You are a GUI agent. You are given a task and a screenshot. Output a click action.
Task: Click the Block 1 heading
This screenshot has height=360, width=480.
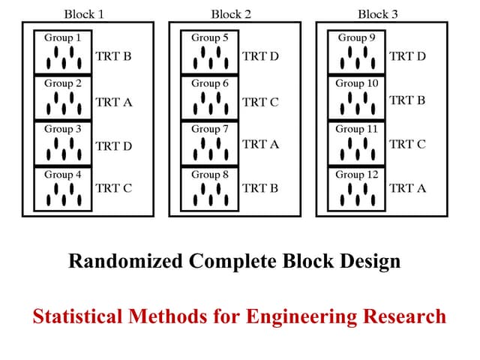click(85, 13)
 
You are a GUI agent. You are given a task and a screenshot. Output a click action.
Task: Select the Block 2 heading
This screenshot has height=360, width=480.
click(232, 13)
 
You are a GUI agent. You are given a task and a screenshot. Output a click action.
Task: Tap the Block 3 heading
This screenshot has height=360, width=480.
click(379, 13)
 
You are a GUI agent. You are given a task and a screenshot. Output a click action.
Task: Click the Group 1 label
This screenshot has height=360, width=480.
click(63, 37)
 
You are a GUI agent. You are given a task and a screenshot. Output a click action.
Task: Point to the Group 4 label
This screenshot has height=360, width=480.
click(63, 175)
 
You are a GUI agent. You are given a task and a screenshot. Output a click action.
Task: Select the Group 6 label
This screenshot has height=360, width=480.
click(210, 83)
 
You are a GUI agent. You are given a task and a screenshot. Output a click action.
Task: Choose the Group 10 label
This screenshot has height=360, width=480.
click(357, 83)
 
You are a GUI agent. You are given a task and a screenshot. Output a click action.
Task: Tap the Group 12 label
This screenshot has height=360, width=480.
click(357, 175)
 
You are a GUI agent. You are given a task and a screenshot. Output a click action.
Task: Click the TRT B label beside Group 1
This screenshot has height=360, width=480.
click(114, 56)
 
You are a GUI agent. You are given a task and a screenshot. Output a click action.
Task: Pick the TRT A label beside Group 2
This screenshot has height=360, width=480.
click(114, 102)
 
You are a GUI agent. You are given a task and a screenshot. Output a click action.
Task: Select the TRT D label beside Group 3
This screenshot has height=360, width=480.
click(114, 146)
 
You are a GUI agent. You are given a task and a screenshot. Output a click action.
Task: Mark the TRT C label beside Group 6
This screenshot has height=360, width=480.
click(260, 102)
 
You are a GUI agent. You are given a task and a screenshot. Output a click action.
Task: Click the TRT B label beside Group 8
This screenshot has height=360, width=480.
click(260, 188)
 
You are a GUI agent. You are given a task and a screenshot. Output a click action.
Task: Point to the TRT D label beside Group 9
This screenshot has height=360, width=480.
click(407, 56)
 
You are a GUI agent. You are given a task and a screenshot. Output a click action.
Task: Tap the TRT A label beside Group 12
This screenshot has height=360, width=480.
click(407, 188)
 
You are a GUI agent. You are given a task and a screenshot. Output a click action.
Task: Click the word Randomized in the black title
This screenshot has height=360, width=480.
click(125, 261)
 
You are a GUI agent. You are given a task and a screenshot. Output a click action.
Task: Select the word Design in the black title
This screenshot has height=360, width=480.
click(371, 261)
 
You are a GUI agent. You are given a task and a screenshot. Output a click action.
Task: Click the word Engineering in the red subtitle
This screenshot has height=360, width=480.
click(302, 316)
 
